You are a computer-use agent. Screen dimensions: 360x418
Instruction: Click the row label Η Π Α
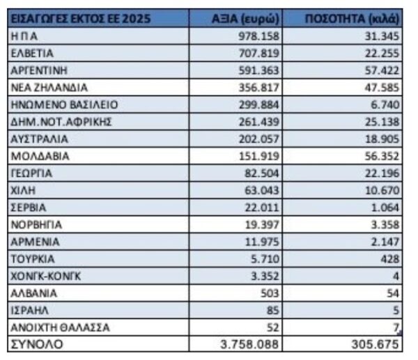[x=25, y=36]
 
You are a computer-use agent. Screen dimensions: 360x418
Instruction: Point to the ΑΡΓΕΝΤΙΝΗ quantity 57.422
[x=378, y=70]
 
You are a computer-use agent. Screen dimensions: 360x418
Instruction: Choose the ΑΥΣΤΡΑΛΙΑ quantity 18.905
[x=378, y=139]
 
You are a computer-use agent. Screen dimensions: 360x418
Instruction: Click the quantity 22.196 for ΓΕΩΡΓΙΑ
[x=378, y=173]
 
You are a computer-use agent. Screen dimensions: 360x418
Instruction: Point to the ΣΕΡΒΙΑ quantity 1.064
[x=381, y=208]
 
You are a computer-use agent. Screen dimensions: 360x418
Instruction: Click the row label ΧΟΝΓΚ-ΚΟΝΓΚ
[x=47, y=276]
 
